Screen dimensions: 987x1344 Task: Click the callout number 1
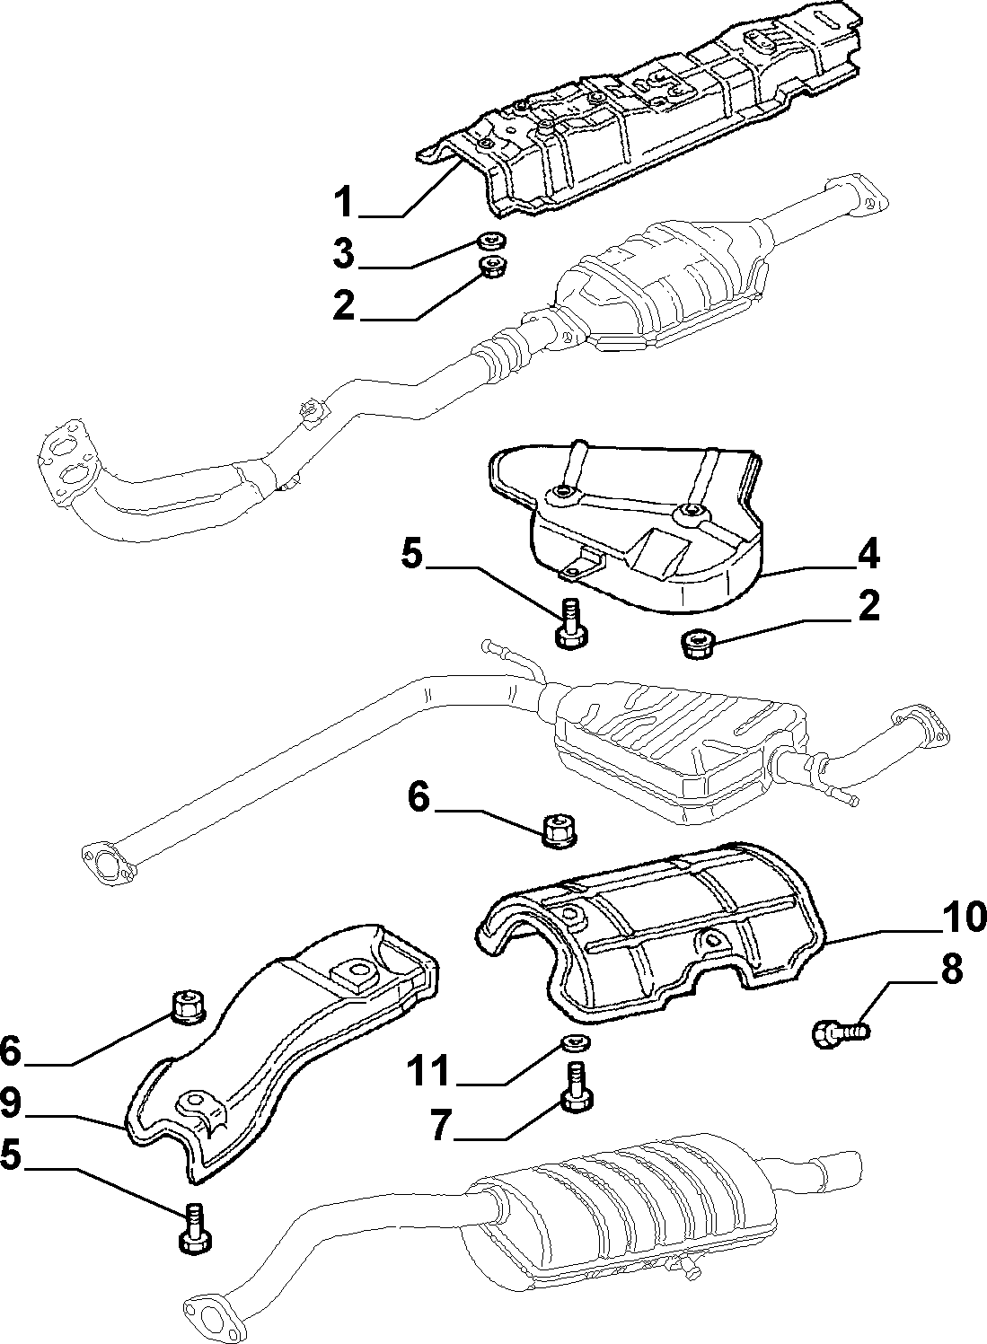pos(344,202)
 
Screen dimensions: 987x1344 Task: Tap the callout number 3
pos(344,254)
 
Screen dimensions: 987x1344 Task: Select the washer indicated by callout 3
pos(492,241)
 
